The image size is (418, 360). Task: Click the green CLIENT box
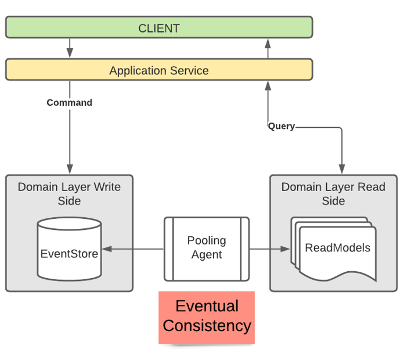click(158, 28)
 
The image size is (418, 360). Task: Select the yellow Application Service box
click(158, 70)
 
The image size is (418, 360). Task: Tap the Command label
click(70, 103)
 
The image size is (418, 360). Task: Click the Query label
click(281, 126)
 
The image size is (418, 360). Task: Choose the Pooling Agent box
click(206, 248)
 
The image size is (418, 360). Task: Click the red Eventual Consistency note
click(207, 316)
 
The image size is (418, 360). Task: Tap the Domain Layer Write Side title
click(69, 194)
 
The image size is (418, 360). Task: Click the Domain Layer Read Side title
click(333, 194)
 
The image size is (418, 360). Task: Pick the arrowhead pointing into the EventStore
click(107, 249)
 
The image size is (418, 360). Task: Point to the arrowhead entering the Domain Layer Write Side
click(70, 169)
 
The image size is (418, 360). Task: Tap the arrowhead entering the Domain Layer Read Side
click(342, 169)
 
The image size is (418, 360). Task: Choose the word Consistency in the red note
click(207, 326)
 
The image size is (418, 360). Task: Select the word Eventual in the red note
click(207, 307)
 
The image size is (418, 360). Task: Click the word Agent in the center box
click(206, 254)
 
